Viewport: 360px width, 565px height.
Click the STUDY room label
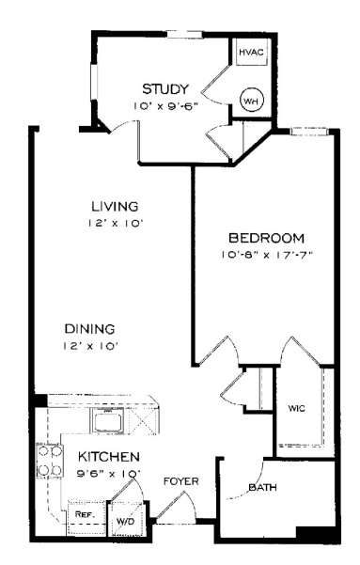165,88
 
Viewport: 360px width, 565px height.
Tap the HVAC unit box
252,52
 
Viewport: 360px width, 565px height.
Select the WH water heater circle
252,101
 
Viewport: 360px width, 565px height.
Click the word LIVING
115,207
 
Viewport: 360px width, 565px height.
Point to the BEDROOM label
267,238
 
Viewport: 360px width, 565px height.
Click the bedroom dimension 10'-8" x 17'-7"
267,255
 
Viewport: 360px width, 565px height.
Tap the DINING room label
89,329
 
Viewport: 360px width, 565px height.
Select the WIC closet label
297,408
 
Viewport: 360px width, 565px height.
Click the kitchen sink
108,420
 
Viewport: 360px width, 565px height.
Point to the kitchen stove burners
50,461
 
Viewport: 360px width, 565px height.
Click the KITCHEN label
108,457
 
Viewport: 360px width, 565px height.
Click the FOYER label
180,481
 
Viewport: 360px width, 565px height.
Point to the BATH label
262,488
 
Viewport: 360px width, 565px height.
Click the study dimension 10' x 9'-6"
165,106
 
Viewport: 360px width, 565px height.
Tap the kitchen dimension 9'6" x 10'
108,474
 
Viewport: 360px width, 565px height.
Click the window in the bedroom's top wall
309,132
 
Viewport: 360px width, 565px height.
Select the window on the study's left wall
94,82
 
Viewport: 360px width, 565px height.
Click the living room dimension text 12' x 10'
116,224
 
